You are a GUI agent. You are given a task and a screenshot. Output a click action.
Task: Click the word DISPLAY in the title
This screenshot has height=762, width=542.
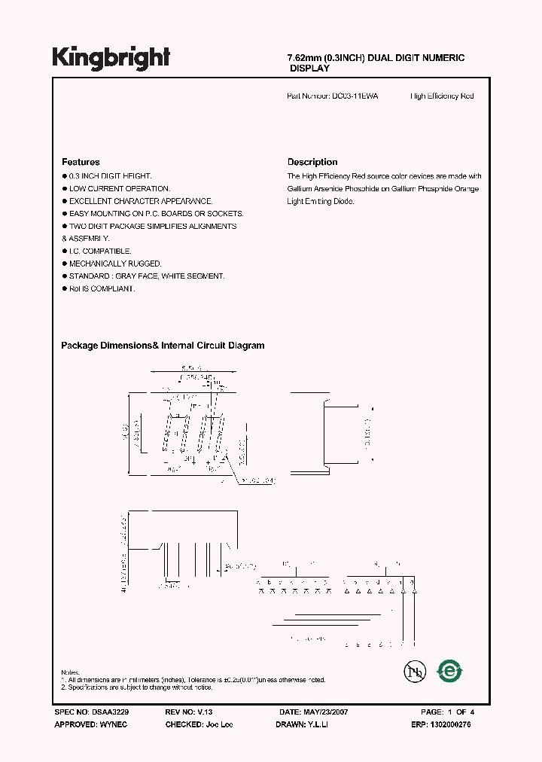(x=310, y=69)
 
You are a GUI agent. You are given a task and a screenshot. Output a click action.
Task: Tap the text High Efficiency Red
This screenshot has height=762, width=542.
(x=442, y=96)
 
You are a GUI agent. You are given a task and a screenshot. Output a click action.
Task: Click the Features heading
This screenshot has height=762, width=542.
(x=81, y=162)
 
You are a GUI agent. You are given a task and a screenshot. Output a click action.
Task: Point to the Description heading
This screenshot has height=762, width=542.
(x=312, y=162)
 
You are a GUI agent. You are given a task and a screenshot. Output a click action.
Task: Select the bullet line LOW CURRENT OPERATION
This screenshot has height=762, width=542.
(x=120, y=189)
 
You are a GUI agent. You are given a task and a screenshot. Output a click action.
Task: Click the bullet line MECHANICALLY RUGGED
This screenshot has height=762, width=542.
(x=115, y=264)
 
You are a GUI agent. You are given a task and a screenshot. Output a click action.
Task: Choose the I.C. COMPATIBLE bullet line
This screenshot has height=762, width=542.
(x=100, y=251)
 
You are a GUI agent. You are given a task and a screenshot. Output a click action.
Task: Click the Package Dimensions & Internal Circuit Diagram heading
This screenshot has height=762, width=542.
(x=163, y=346)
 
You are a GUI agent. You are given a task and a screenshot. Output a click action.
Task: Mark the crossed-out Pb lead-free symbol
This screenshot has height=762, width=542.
(x=412, y=670)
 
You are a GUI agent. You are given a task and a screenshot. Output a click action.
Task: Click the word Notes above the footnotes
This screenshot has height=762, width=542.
(x=70, y=672)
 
